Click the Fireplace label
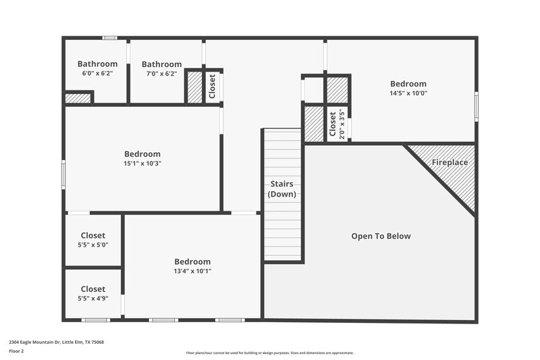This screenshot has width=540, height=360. point(450,163)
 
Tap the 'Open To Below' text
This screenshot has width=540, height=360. point(381,236)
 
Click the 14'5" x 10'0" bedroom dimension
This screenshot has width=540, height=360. point(408,93)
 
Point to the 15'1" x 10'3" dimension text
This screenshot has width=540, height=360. point(142,163)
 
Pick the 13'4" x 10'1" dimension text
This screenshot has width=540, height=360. point(192,271)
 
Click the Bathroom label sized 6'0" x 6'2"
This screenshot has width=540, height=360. point(97,64)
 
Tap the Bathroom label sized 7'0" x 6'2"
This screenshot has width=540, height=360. point(161,64)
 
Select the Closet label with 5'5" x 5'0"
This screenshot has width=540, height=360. point(93,236)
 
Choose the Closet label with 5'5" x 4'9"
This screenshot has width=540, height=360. point(93,289)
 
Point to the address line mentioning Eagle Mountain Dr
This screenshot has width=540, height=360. point(56,342)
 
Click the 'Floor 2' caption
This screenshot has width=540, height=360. point(16,351)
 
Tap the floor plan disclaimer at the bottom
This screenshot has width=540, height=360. point(269,353)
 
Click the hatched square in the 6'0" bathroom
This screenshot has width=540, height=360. point(78,98)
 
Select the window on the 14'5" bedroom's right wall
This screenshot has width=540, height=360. point(476,107)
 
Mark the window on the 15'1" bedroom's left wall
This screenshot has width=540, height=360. point(64,172)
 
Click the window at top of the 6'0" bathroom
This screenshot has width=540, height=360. point(109,38)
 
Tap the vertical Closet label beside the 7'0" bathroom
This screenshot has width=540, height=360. point(213,86)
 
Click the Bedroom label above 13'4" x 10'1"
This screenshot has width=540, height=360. point(192,261)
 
